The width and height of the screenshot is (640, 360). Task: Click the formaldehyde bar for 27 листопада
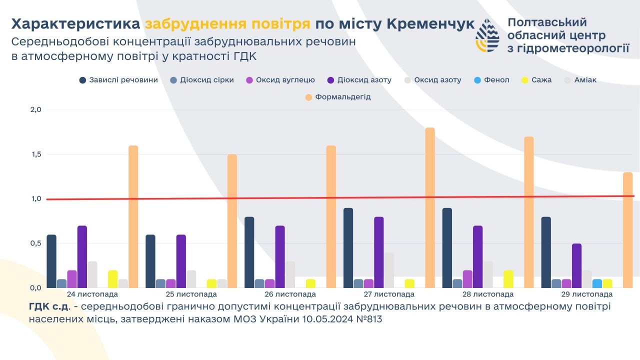(x=430, y=207)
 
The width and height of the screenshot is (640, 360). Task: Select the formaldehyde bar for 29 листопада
(x=627, y=230)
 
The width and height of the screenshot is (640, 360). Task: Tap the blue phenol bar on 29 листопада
(x=597, y=283)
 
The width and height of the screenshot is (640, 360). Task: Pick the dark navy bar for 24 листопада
(x=51, y=261)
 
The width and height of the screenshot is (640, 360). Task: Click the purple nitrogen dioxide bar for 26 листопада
(x=280, y=256)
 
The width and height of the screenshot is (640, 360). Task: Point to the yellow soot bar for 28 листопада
(x=508, y=279)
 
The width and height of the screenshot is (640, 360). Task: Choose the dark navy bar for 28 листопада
(x=447, y=247)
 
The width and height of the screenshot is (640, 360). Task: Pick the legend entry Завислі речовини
(x=118, y=80)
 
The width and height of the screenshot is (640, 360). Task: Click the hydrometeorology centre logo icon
(x=487, y=35)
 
